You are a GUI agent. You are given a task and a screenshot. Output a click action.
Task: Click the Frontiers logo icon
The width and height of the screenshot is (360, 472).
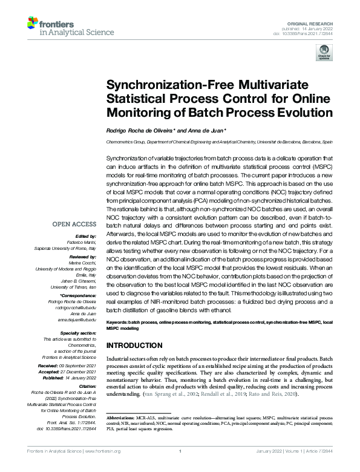coord(34,24)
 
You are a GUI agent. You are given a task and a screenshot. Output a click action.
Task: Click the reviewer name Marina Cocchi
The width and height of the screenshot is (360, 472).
coord(83,263)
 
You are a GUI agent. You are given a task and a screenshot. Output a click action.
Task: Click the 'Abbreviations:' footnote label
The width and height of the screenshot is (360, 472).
coord(122,418)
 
